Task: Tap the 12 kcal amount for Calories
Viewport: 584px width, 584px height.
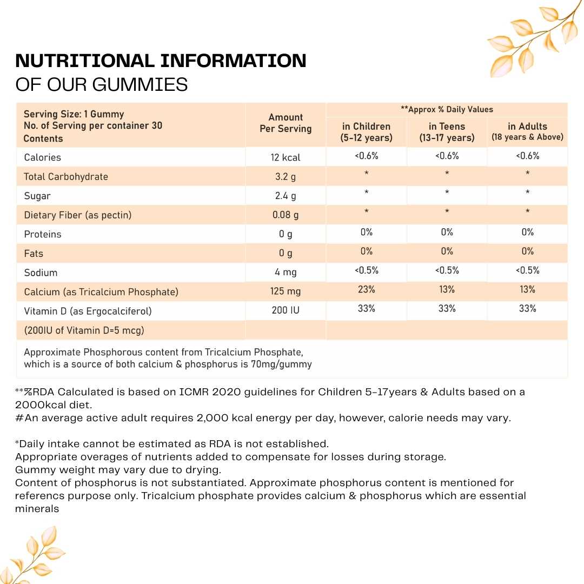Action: (286, 157)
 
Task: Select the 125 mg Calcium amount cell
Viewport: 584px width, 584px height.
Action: (286, 291)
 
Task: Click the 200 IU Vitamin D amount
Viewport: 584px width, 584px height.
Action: (286, 311)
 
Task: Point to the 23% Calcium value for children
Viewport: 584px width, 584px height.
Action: (366, 290)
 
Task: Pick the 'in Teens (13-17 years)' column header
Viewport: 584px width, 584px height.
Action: (447, 132)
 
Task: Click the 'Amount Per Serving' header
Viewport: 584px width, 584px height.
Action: (286, 123)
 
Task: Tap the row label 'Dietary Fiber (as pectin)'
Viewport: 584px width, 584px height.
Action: (77, 215)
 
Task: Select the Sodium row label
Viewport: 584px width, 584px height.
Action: (41, 273)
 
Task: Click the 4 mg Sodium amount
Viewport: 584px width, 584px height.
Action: (286, 273)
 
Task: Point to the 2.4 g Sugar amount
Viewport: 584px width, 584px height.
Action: (286, 196)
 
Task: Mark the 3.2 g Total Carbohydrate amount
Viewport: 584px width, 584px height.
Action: (286, 177)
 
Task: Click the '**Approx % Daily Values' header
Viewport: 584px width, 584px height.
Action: (447, 109)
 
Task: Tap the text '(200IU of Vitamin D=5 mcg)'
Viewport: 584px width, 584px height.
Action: (84, 330)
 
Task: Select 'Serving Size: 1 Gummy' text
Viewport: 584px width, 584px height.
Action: (74, 114)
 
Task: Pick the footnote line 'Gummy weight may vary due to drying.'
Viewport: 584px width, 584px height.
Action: (118, 469)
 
